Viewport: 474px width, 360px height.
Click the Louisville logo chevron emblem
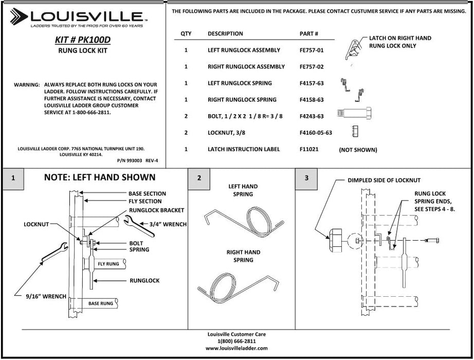(20, 16)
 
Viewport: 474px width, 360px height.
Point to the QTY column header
(186, 34)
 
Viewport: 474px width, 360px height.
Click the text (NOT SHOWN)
(358, 150)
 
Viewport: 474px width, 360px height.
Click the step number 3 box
(306, 178)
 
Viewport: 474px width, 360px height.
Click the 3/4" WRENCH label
(168, 224)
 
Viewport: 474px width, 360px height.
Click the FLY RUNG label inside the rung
(108, 264)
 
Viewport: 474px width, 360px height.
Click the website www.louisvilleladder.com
(236, 348)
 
